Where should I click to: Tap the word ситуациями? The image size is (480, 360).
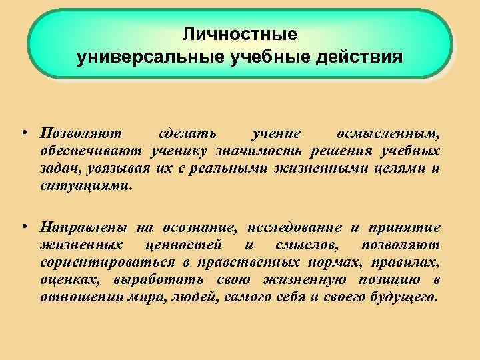coord(84,187)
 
